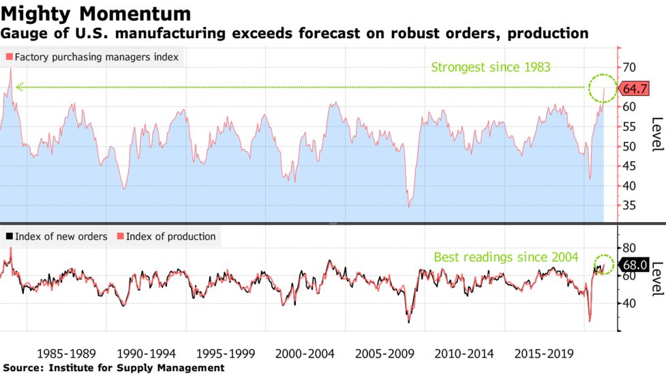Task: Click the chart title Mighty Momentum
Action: pyautogui.click(x=95, y=13)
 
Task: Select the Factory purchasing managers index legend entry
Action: pyautogui.click(x=92, y=57)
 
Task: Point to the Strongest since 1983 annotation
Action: pyautogui.click(x=490, y=67)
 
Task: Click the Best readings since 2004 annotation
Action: pyautogui.click(x=506, y=257)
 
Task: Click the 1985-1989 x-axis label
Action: pyautogui.click(x=66, y=354)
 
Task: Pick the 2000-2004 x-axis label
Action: pyautogui.click(x=302, y=354)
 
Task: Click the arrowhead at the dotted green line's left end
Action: pyautogui.click(x=20, y=87)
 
